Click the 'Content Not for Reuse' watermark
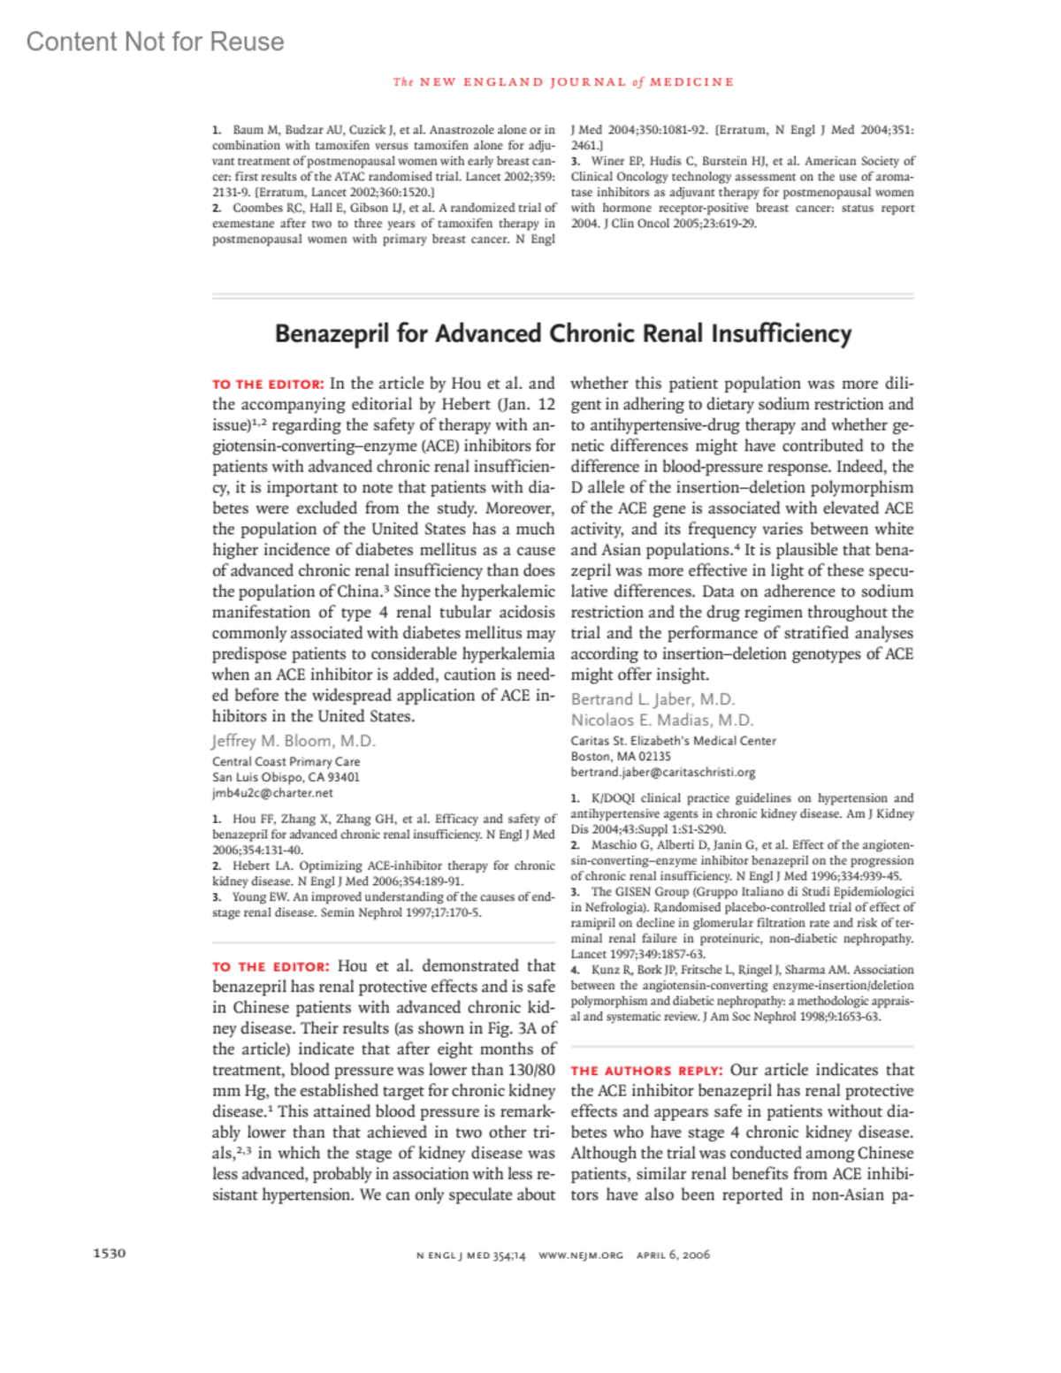(155, 42)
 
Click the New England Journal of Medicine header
(563, 82)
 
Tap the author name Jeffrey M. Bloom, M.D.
(294, 741)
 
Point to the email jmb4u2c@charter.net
(272, 793)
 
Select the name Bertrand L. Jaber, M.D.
(653, 699)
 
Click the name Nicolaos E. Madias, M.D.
(661, 721)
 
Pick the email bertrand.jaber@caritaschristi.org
(662, 772)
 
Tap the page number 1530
(110, 1253)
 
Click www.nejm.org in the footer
(580, 1255)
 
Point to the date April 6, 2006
(673, 1255)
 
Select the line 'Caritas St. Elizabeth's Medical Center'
(673, 741)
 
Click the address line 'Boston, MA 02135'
(621, 757)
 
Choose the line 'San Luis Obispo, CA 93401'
(286, 777)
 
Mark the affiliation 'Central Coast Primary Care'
(286, 761)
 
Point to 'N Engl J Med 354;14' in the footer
(470, 1255)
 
